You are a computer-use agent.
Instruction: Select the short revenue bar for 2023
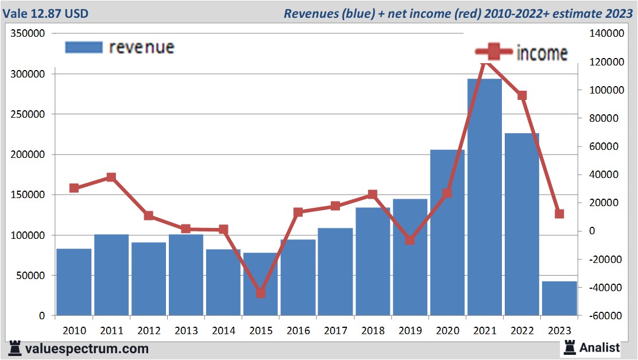click(x=559, y=298)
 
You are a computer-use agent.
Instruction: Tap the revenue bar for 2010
click(x=74, y=282)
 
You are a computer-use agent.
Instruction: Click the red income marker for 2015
click(x=261, y=293)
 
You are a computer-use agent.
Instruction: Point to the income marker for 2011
click(x=111, y=177)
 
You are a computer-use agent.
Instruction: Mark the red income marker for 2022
click(x=522, y=95)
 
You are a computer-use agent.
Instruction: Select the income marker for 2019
click(x=410, y=240)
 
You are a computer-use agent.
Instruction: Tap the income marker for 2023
click(x=559, y=214)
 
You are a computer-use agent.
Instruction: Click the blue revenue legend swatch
click(x=84, y=47)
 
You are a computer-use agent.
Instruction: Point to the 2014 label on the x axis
click(x=223, y=331)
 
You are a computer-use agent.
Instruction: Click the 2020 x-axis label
click(x=447, y=331)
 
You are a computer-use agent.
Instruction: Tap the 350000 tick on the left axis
click(x=28, y=34)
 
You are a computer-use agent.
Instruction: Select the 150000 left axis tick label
click(x=28, y=195)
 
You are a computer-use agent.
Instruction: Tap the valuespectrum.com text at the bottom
click(x=87, y=348)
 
